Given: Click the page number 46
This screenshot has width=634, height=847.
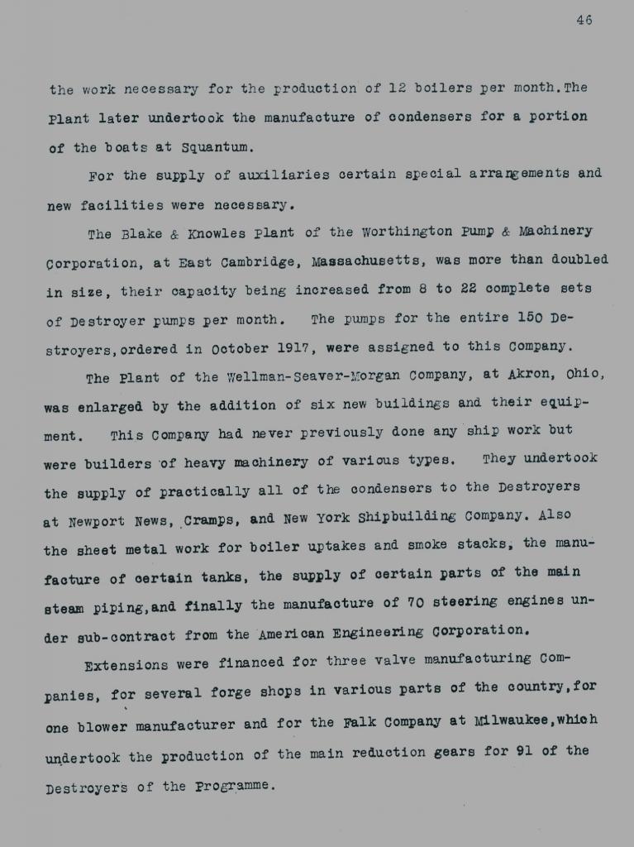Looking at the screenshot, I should [584, 21].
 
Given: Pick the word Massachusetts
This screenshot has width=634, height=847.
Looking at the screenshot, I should [369, 261].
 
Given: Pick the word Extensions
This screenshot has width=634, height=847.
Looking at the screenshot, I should [126, 664].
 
